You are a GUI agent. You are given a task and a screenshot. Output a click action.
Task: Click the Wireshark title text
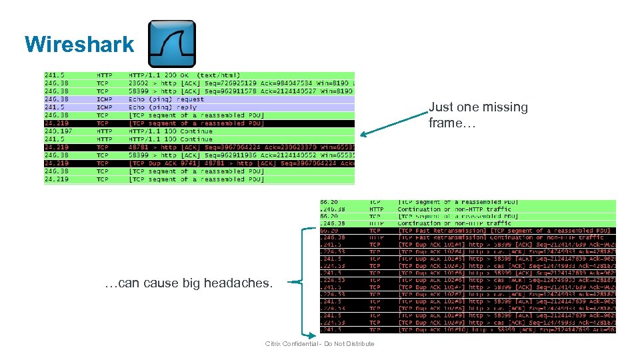79,44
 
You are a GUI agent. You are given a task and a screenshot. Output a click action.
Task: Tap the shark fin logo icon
171,44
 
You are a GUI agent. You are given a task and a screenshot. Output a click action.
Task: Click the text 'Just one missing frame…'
477,115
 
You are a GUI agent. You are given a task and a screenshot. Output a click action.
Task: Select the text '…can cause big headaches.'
189,283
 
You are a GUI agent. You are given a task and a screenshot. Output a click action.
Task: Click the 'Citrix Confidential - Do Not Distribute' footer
319,343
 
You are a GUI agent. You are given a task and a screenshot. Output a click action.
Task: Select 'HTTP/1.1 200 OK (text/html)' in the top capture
185,75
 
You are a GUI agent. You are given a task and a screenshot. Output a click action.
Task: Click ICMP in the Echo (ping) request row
103,99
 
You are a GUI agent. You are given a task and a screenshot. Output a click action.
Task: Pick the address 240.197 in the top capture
56,131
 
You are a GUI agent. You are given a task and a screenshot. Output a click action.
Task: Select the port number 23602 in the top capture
138,83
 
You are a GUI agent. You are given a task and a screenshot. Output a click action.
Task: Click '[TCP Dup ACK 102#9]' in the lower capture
431,322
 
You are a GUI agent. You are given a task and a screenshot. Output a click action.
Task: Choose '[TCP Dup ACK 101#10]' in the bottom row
433,329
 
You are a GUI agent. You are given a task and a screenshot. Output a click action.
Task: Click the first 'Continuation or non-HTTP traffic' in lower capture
454,209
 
